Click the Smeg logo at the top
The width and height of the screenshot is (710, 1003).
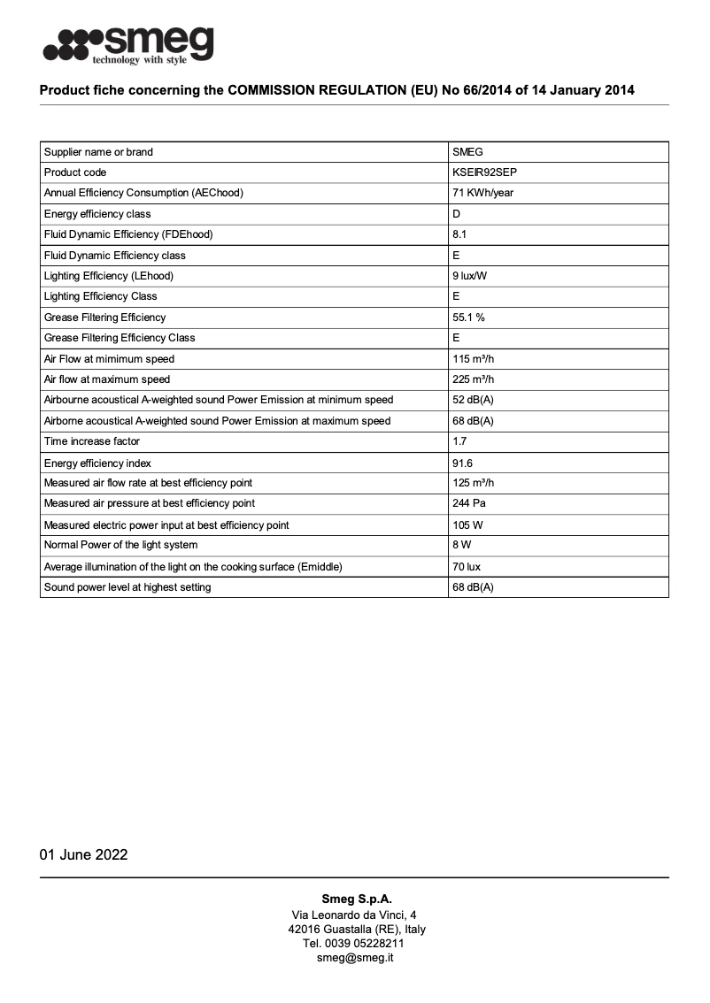[128, 44]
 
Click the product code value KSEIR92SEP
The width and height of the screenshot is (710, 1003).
[483, 172]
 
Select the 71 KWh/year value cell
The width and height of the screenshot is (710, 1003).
[482, 193]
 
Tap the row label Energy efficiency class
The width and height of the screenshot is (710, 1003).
[97, 214]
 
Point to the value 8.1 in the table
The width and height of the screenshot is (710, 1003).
[459, 234]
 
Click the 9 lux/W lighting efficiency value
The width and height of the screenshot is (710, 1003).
[470, 276]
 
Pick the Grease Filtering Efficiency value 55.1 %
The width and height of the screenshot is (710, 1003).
[468, 317]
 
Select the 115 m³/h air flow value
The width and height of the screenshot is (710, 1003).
[473, 359]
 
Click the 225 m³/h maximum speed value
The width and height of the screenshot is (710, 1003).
[474, 379]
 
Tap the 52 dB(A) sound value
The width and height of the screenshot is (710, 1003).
[473, 400]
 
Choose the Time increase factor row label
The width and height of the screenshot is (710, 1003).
[92, 441]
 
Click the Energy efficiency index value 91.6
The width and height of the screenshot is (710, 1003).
[462, 463]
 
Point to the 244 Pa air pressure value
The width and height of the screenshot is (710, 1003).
[468, 503]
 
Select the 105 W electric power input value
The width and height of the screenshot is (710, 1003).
[466, 525]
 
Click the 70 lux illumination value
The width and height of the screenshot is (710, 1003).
[466, 567]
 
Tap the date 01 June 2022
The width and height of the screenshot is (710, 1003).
[84, 854]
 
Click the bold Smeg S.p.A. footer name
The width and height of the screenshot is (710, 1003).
[356, 899]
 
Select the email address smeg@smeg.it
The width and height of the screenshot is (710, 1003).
[355, 958]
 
